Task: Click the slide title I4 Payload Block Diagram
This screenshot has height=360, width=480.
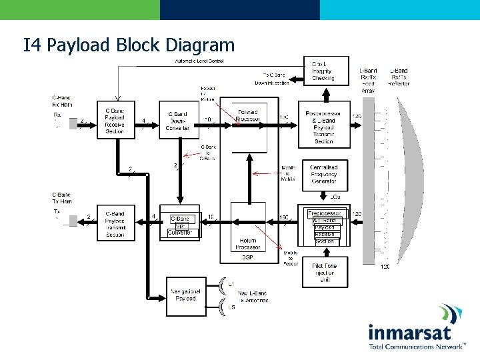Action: click(129, 45)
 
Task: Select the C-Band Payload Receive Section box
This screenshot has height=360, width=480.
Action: click(115, 120)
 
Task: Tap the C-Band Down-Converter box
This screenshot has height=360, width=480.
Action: click(178, 120)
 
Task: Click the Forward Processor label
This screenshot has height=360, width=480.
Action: click(248, 115)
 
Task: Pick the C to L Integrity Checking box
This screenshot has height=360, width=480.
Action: click(323, 71)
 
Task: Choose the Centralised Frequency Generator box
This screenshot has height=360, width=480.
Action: click(323, 173)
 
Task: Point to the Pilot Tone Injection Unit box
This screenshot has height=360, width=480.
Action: click(324, 273)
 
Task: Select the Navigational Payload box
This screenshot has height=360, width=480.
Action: click(186, 295)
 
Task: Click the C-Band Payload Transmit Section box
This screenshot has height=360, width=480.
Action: click(115, 223)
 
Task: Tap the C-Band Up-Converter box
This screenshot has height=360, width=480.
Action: click(180, 225)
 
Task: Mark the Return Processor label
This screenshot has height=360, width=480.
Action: click(247, 245)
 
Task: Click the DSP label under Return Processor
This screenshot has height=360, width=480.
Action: click(247, 257)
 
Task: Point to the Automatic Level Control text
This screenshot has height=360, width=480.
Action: click(199, 61)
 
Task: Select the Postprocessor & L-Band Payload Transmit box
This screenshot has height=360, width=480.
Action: click(323, 127)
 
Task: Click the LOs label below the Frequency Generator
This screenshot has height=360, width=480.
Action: click(335, 197)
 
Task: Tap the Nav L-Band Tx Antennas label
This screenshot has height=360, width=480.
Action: click(253, 297)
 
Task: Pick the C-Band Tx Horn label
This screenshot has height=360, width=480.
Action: click(62, 198)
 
